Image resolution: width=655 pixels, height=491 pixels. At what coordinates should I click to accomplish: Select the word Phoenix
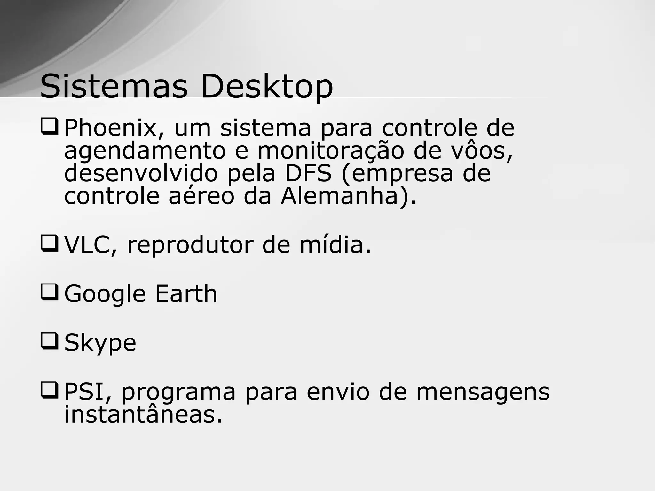click(110, 128)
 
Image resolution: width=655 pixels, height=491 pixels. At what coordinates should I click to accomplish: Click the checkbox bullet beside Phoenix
click(50, 126)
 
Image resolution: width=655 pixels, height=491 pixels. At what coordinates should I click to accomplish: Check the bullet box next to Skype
click(50, 341)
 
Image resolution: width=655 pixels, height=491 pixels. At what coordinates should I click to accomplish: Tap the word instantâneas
click(143, 415)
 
